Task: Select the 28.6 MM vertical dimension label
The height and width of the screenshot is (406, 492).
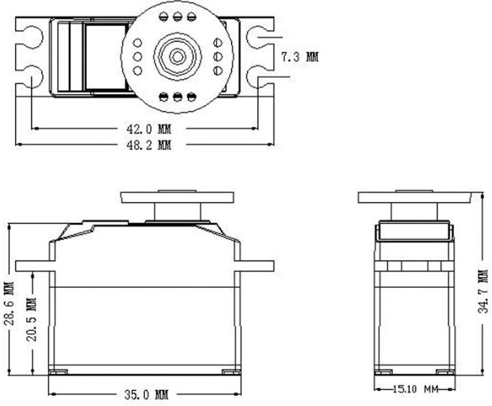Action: (8, 303)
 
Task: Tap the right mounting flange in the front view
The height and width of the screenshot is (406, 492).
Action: (256, 265)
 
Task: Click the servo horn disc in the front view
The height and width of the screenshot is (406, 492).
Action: (178, 197)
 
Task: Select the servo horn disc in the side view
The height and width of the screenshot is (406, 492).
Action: (414, 197)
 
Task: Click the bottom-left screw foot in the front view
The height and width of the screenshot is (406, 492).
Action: (58, 372)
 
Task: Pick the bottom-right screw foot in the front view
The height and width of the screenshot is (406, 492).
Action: (230, 372)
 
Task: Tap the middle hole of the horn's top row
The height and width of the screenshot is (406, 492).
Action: (178, 16)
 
